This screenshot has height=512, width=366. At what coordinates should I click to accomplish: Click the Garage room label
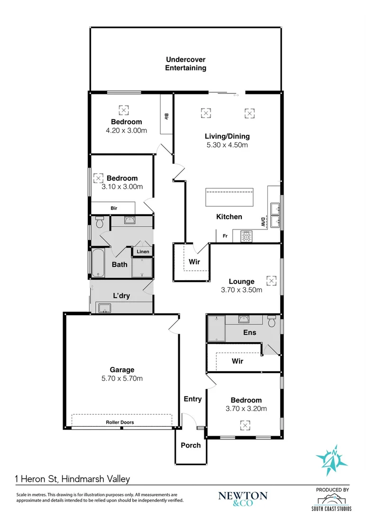pyautogui.click(x=122, y=370)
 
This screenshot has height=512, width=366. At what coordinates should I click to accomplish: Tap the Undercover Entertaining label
pyautogui.click(x=185, y=64)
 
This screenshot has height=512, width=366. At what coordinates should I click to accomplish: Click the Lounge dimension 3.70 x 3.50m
pyautogui.click(x=242, y=290)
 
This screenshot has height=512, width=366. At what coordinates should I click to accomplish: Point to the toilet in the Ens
pyautogui.click(x=272, y=321)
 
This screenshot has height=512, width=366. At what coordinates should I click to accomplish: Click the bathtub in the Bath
pyautogui.click(x=98, y=263)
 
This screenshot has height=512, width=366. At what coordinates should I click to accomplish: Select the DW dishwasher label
pyautogui.click(x=262, y=221)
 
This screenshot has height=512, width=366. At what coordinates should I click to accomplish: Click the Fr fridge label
pyautogui.click(x=225, y=236)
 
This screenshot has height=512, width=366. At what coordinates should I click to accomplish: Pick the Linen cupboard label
pyautogui.click(x=142, y=252)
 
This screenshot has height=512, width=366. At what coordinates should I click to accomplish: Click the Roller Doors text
pyautogui.click(x=119, y=422)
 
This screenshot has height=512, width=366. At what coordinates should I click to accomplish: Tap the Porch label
pyautogui.click(x=191, y=445)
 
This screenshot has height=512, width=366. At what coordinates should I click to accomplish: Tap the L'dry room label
pyautogui.click(x=121, y=296)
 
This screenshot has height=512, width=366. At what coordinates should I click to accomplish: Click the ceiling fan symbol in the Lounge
pyautogui.click(x=271, y=281)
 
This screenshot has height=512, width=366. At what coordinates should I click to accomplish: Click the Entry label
pyautogui.click(x=192, y=399)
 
